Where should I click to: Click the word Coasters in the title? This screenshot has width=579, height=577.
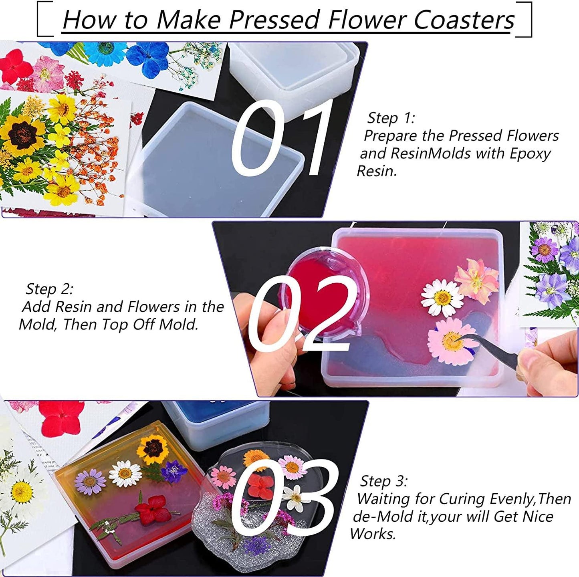coord(464,20)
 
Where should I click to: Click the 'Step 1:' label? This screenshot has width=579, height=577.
coord(391,118)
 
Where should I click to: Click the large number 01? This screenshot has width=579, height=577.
coord(281,139)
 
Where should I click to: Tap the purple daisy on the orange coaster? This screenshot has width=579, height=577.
coord(90,480)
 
